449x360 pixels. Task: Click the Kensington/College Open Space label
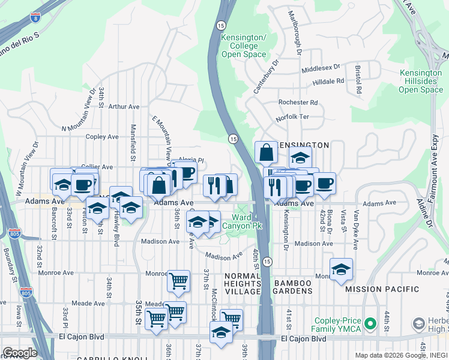[x=244, y=46]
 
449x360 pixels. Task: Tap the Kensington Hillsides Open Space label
[x=421, y=82]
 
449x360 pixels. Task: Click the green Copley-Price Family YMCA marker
[x=371, y=325]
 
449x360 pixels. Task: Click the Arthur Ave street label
[x=124, y=107]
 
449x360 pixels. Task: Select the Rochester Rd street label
[x=297, y=103]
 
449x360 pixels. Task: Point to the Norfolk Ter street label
[x=292, y=118]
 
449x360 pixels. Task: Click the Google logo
[x=19, y=352]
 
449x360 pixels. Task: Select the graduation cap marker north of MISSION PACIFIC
[x=341, y=269]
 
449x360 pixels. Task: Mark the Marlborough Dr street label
[x=294, y=32]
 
